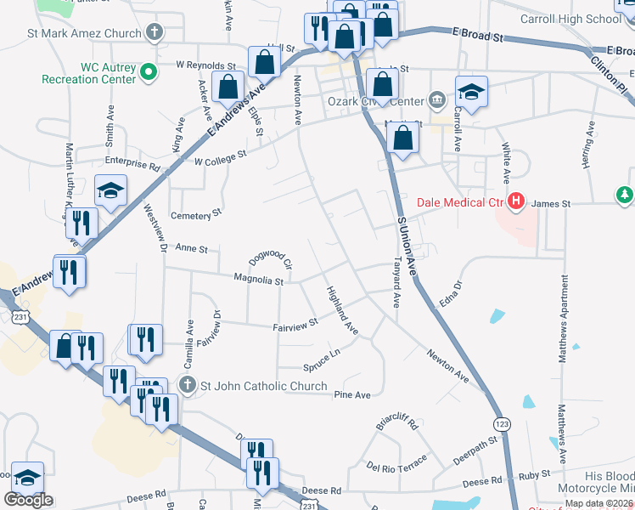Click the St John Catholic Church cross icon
tap(188, 386)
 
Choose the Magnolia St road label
tap(258, 279)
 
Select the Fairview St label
tap(295, 324)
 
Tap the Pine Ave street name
tap(352, 395)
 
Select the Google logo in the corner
tap(28, 499)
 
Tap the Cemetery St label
tap(196, 215)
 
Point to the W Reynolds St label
tap(205, 65)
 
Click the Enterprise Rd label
tap(132, 161)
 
